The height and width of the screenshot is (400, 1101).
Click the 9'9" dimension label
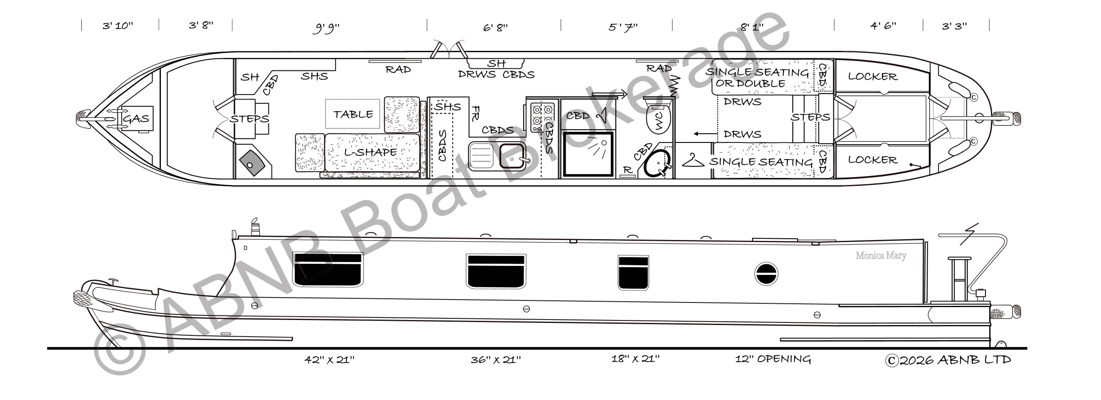click(326, 28)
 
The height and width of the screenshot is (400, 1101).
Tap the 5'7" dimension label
click(623, 27)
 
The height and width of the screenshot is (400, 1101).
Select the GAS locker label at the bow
click(136, 118)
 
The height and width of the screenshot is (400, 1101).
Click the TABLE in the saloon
click(353, 114)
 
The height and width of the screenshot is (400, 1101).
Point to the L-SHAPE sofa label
click(371, 152)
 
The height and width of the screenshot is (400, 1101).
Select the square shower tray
click(588, 154)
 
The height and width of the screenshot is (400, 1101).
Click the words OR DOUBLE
click(750, 83)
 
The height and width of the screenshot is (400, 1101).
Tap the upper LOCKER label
click(873, 77)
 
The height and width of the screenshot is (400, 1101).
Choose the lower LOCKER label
click(873, 160)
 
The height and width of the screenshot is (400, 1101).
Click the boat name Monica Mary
click(881, 255)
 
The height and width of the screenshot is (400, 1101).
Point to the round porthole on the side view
click(766, 274)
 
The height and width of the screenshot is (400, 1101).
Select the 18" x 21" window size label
click(635, 359)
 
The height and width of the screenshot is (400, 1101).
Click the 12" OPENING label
click(773, 359)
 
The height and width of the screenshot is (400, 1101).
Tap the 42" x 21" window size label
click(329, 360)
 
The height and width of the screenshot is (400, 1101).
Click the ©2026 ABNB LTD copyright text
click(948, 360)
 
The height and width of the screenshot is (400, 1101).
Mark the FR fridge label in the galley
click(475, 113)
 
